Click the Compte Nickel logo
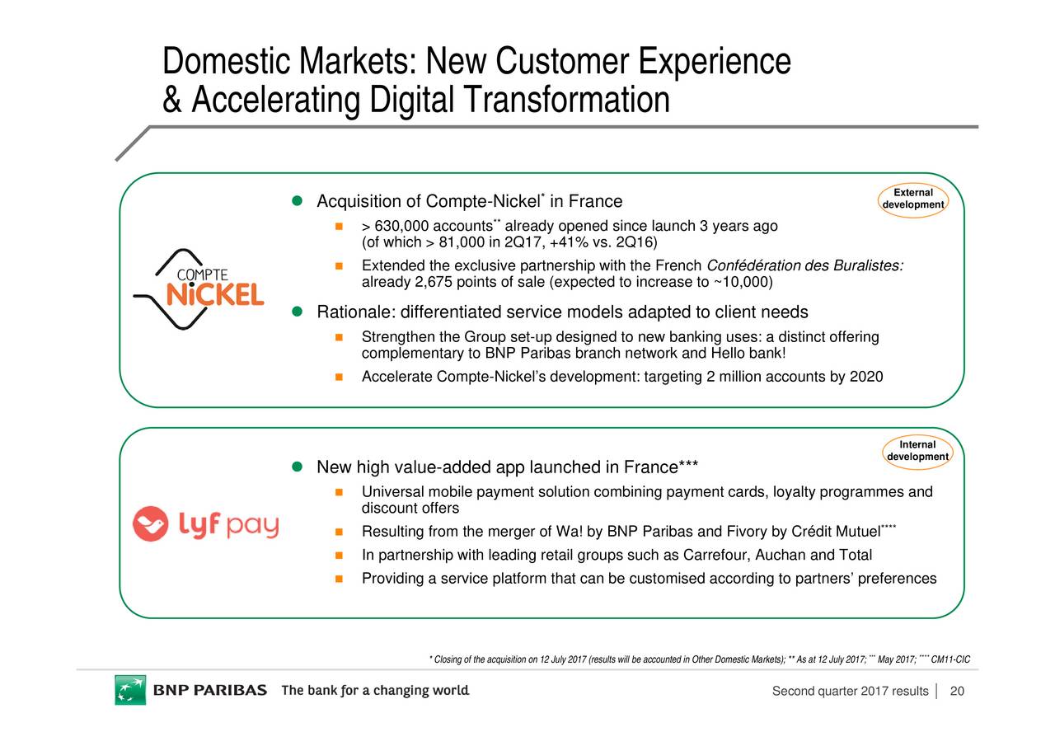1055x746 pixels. tap(199, 289)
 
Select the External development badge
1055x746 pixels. tap(912, 199)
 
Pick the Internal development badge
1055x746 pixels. tap(917, 451)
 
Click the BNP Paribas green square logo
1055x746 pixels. tap(130, 690)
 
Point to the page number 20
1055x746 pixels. tap(957, 692)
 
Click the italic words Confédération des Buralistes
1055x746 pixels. tap(804, 265)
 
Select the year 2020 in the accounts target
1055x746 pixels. tap(866, 377)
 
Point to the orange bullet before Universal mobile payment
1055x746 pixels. tap(338, 493)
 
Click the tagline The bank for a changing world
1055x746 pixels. tap(376, 691)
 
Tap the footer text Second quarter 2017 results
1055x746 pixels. tap(850, 692)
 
